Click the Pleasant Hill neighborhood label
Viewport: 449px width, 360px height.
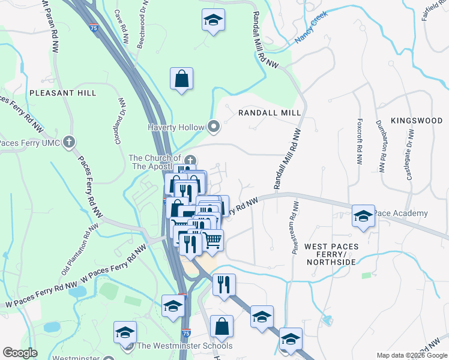[x=62, y=93]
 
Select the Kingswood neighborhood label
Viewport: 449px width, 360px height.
[x=417, y=121]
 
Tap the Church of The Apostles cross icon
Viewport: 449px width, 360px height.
[x=190, y=160]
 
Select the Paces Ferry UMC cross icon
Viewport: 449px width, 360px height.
[x=69, y=142]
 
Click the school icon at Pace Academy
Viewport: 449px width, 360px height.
[x=363, y=216]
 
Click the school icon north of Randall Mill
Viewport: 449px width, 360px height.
[x=213, y=20]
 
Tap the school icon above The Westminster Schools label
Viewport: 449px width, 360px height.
[x=125, y=332]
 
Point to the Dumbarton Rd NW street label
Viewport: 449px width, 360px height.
[x=381, y=144]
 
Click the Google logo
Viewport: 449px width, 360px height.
[x=20, y=353]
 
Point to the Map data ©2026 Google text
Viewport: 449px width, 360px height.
[x=411, y=355]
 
